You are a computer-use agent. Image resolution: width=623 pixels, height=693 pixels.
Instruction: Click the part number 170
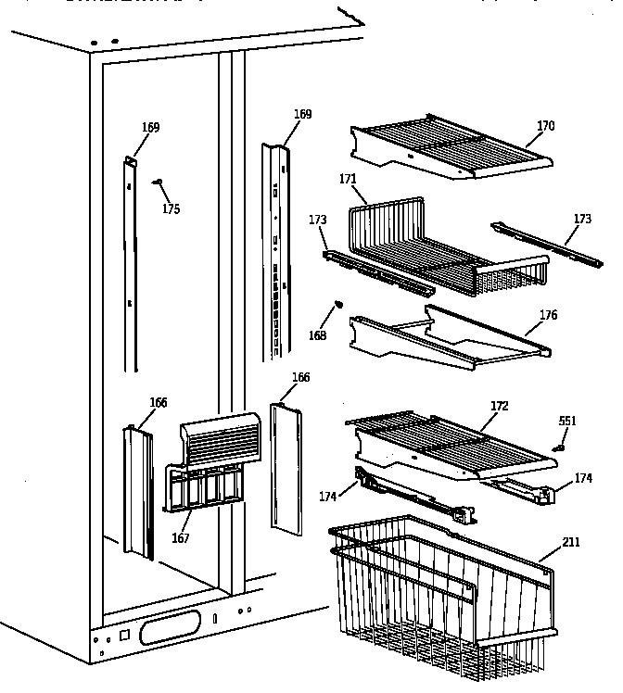546,126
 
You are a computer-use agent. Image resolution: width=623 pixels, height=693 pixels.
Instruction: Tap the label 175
171,208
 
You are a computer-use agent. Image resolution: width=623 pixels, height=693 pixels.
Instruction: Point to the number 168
319,335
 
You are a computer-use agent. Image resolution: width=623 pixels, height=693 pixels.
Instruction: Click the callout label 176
548,315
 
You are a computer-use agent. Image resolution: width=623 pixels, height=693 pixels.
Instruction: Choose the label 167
182,537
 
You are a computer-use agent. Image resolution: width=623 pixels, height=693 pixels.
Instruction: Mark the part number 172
499,407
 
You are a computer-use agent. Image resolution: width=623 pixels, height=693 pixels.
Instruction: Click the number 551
567,421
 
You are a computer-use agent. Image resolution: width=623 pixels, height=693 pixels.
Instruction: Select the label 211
571,541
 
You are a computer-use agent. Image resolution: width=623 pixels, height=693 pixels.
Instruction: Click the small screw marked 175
157,183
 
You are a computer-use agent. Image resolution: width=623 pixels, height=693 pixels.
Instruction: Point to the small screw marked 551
559,448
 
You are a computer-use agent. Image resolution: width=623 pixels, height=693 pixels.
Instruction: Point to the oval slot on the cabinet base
168,633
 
